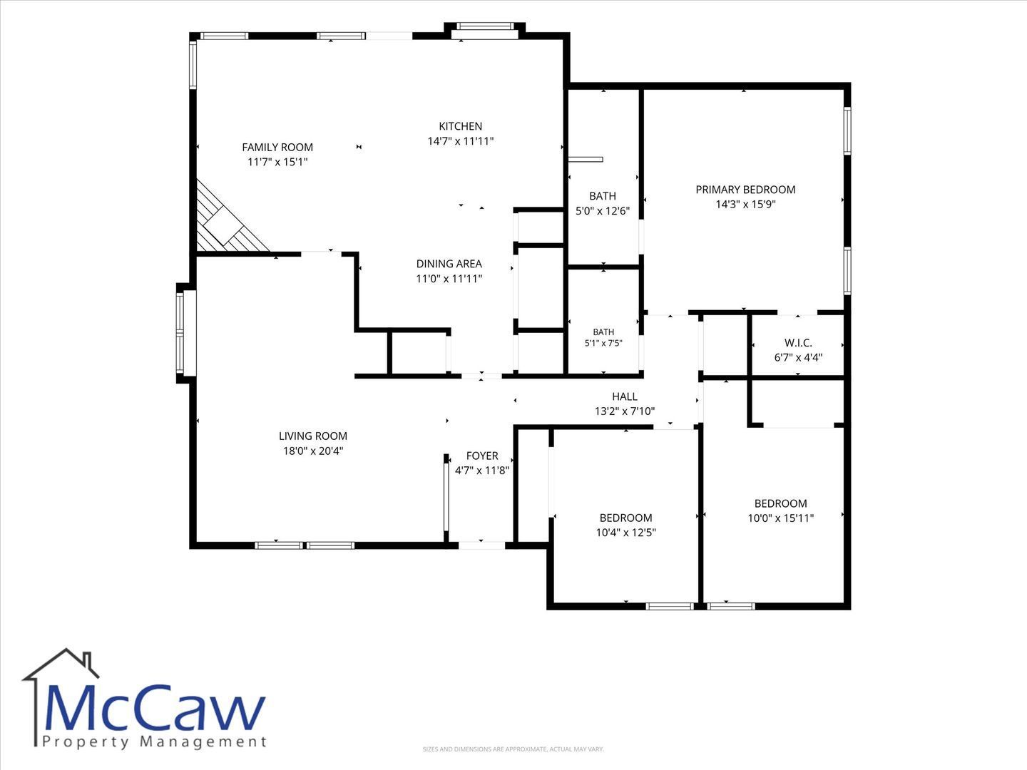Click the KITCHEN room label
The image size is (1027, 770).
pyautogui.click(x=461, y=126)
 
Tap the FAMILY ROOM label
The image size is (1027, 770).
pyautogui.click(x=277, y=148)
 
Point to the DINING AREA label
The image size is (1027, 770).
pyautogui.click(x=449, y=264)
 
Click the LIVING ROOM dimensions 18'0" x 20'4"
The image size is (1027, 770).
pyautogui.click(x=313, y=451)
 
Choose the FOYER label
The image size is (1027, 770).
pyautogui.click(x=482, y=456)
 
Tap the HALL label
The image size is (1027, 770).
pyautogui.click(x=625, y=396)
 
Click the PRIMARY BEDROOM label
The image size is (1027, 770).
pyautogui.click(x=745, y=190)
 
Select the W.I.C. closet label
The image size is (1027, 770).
pyautogui.click(x=798, y=343)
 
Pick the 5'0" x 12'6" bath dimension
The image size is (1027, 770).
pyautogui.click(x=603, y=211)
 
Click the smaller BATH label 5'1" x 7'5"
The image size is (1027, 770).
pyautogui.click(x=603, y=337)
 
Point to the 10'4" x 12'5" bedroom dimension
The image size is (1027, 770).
pyautogui.click(x=625, y=533)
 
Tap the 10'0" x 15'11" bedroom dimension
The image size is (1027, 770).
pyautogui.click(x=780, y=518)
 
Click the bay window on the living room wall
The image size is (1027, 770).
pyautogui.click(x=183, y=332)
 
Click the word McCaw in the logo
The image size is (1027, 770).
pyautogui.click(x=154, y=708)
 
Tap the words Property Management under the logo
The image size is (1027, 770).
pyautogui.click(x=154, y=742)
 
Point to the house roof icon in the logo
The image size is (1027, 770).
pyautogui.click(x=61, y=664)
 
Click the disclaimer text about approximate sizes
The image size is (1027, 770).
pyautogui.click(x=513, y=749)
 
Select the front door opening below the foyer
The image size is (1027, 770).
pyautogui.click(x=481, y=545)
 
